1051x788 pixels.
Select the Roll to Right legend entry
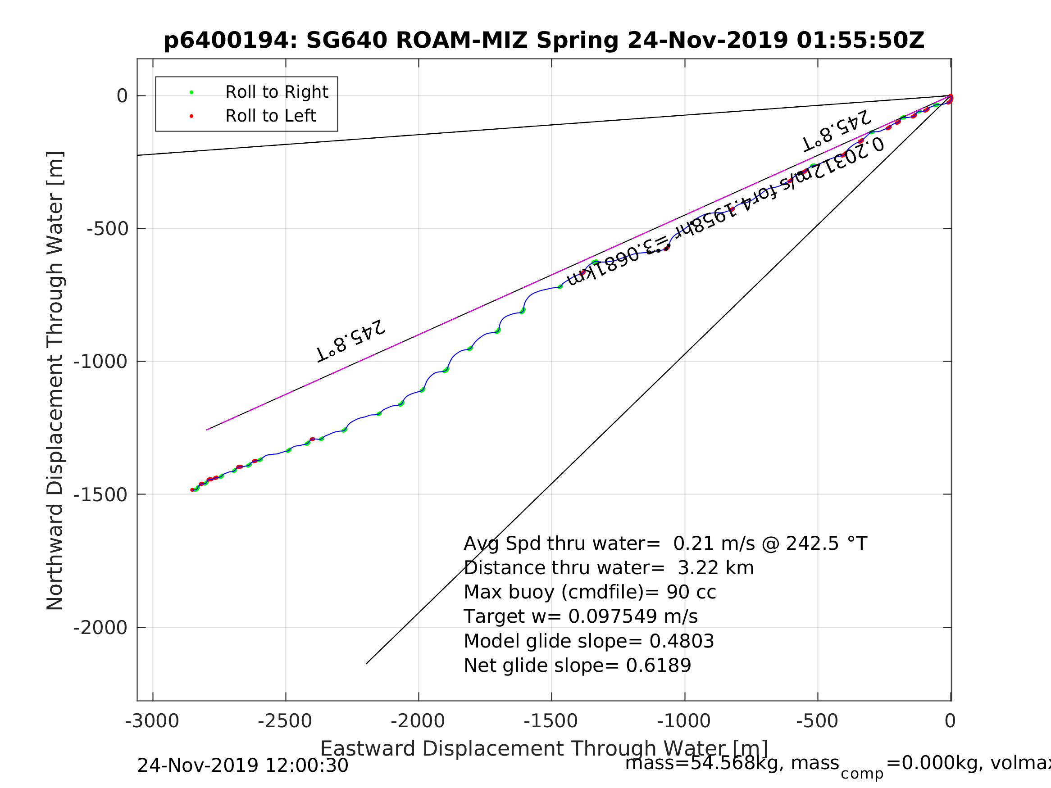[x=276, y=92]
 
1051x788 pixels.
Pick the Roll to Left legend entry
[x=270, y=116]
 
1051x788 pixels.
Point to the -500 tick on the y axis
[x=107, y=229]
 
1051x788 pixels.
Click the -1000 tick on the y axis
[x=100, y=362]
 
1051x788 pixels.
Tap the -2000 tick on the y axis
[x=100, y=628]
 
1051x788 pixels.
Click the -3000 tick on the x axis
[x=152, y=721]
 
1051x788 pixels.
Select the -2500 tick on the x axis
[x=285, y=721]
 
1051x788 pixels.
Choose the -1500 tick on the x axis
[x=551, y=721]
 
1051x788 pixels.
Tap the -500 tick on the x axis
[x=817, y=721]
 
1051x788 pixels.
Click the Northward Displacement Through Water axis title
[x=55, y=380]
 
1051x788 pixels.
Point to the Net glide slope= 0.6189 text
[x=577, y=666]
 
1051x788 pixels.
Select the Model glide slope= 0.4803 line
[x=589, y=642]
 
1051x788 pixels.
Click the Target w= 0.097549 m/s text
[x=581, y=617]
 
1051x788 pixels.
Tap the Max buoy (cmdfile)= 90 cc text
[x=590, y=593]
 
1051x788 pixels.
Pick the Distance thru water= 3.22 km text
[x=609, y=568]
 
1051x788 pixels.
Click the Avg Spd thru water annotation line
[x=665, y=544]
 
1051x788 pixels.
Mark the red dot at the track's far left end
[x=192, y=490]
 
